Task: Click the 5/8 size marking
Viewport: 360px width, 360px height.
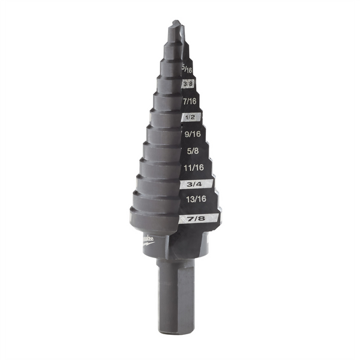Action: click(x=192, y=152)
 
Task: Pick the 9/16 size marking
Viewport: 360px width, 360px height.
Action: click(x=191, y=135)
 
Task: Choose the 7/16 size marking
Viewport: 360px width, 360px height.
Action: click(x=190, y=101)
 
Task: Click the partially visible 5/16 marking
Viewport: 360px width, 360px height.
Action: click(x=187, y=70)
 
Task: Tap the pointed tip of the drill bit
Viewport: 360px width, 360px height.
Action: click(x=175, y=25)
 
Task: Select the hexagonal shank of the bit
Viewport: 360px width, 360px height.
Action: click(x=176, y=294)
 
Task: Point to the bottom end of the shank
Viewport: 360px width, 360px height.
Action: click(x=176, y=330)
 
